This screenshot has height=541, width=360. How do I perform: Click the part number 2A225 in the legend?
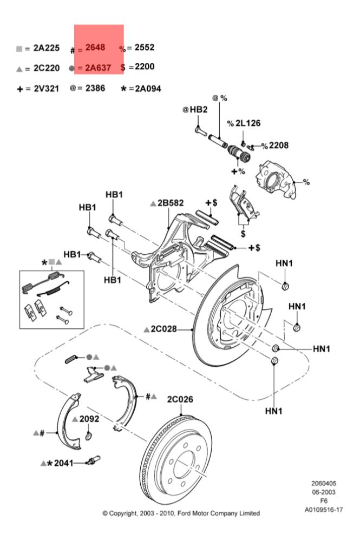46,48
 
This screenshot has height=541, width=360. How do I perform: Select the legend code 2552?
145,47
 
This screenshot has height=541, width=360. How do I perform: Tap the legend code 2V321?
46,89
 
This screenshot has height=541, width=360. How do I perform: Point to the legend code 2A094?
148,89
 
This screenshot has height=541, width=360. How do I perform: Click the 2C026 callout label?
180,400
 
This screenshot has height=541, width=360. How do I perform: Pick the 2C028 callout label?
164,329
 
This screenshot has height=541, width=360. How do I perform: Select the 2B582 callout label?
171,203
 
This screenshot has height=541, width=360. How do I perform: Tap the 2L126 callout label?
248,123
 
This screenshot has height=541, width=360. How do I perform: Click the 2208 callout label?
279,145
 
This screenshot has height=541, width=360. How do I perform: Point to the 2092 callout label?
89,419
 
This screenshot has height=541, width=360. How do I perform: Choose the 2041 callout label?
63,463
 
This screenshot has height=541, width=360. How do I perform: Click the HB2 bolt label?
199,110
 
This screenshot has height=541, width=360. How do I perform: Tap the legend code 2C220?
46,68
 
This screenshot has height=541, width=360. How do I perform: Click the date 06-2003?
323,492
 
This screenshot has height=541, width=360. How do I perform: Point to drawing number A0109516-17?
323,510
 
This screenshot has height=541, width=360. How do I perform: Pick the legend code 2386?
95,88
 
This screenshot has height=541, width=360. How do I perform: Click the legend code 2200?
145,67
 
